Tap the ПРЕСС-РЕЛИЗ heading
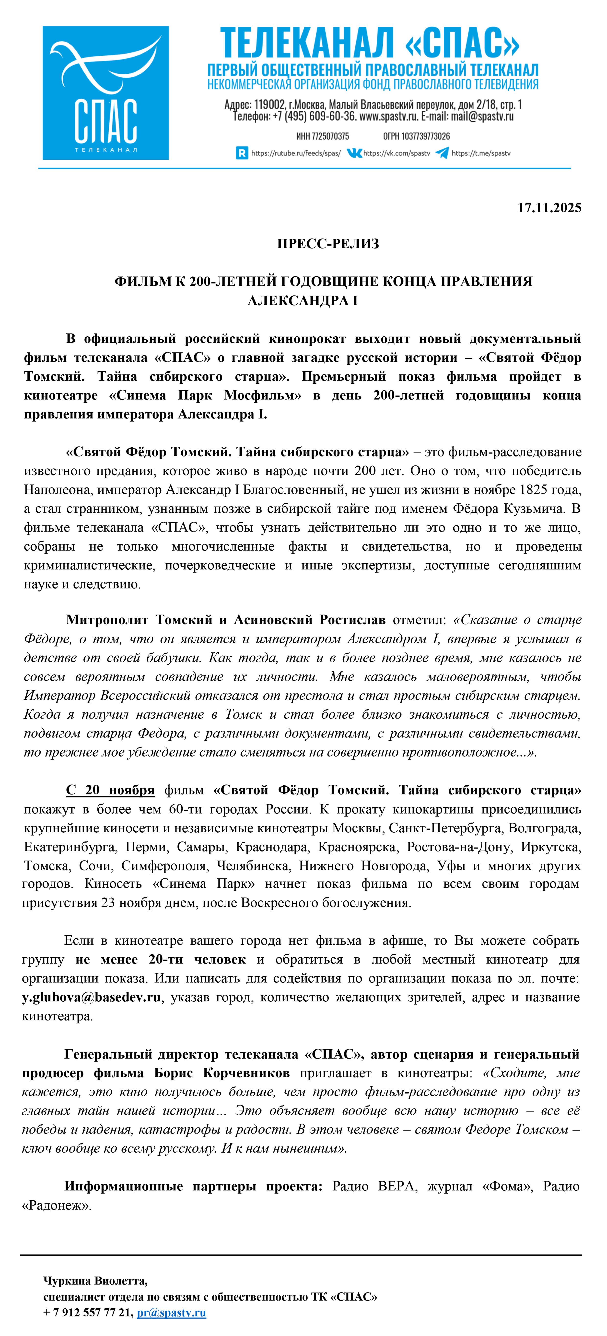click(328, 244)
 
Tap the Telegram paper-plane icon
click(442, 153)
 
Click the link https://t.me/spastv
click(481, 154)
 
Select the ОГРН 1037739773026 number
click(416, 136)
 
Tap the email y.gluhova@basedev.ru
click(91, 997)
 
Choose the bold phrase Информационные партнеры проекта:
click(193, 1187)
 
